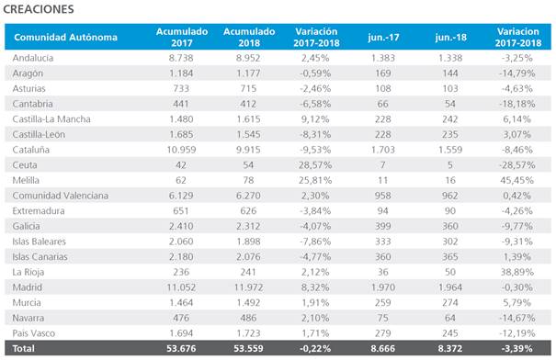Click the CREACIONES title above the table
point(39,9)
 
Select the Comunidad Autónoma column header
point(65,38)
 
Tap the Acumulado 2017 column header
point(182,38)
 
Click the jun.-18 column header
point(450,38)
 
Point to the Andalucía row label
point(33,58)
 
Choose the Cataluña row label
point(31,150)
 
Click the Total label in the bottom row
point(23,348)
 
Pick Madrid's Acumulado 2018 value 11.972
point(248,287)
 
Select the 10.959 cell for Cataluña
point(181,150)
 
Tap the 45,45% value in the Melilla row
point(517,180)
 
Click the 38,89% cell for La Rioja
point(517,272)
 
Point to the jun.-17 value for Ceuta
point(382,164)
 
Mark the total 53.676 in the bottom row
point(181,348)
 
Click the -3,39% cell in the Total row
point(517,348)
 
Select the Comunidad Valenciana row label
point(61,196)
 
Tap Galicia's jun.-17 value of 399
point(383,226)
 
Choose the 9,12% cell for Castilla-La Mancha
point(315,119)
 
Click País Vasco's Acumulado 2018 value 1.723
point(248,333)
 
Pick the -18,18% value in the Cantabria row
point(517,104)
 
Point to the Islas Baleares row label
point(39,242)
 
